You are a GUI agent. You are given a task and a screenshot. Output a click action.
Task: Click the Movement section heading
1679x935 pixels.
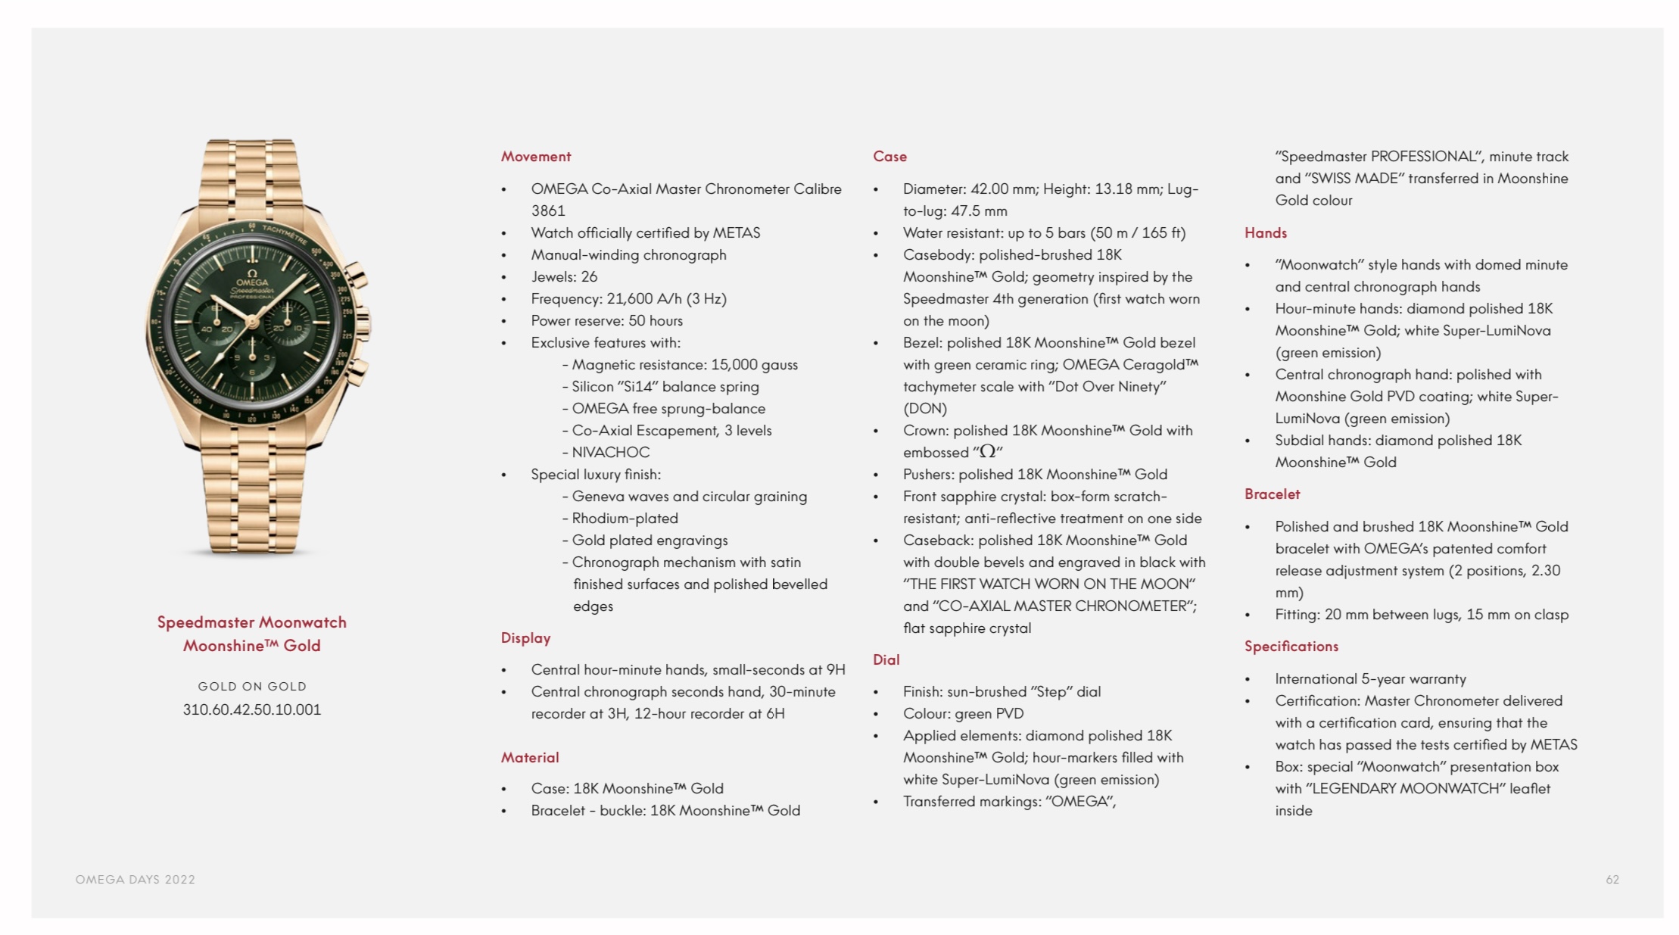point(535,157)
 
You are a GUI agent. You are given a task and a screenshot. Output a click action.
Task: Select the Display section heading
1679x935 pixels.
point(525,638)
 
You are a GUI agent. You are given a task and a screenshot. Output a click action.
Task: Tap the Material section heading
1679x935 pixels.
point(529,757)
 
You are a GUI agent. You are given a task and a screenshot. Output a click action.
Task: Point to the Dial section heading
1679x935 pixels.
point(886,660)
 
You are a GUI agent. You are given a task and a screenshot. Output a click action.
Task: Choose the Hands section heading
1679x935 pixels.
point(1265,233)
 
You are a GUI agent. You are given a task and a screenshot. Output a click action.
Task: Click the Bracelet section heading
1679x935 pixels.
point(1272,494)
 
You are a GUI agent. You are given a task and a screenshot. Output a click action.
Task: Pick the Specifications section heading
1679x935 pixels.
point(1291,647)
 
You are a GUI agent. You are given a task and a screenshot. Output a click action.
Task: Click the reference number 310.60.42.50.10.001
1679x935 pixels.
point(251,710)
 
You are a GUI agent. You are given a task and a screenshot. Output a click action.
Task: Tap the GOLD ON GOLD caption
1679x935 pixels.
point(252,687)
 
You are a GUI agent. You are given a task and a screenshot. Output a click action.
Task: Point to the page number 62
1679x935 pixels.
point(1612,880)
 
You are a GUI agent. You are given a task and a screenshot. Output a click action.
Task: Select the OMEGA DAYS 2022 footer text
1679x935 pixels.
point(135,880)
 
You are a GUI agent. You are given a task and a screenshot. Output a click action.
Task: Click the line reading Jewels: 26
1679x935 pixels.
point(564,277)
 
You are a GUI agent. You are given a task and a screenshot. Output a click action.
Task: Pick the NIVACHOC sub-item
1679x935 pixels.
point(610,453)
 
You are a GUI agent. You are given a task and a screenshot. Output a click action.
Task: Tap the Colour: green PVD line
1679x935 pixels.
point(963,714)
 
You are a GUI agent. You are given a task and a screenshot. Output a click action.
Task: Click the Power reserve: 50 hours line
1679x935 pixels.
point(606,321)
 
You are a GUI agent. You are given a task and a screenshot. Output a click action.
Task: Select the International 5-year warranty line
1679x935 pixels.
point(1370,679)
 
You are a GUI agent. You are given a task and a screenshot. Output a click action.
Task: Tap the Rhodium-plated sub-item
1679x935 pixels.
point(625,519)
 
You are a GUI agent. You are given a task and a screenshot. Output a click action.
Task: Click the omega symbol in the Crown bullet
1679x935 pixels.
point(987,452)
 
